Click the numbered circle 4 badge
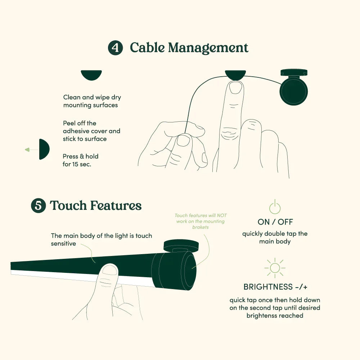coord(115,48)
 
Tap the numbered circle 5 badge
coord(39,206)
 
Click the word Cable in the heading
coord(147,48)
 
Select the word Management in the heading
coord(208,48)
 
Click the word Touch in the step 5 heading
coord(68,205)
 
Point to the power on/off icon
coord(275,207)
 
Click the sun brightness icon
coord(275,268)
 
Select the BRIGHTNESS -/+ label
coord(275,287)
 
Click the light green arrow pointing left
coord(32,150)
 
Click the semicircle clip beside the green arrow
coord(44,149)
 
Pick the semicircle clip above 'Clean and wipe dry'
coord(91,75)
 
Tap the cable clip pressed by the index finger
coord(235,75)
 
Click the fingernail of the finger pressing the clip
coord(236,88)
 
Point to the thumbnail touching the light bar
coord(110,270)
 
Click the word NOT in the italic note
coord(222,215)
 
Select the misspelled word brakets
coord(201,227)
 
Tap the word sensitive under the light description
coord(63,244)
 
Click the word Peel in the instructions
coord(69,123)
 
